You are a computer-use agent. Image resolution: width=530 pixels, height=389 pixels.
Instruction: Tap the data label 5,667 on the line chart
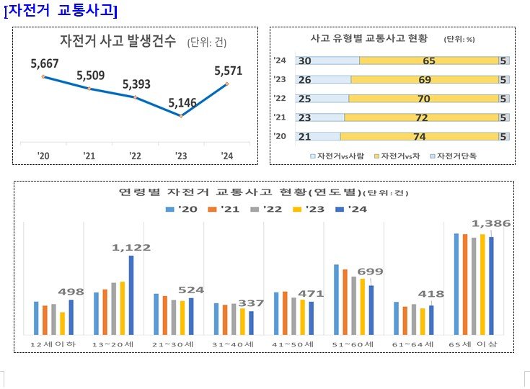45,64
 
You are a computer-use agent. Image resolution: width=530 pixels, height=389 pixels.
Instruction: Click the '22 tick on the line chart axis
135,155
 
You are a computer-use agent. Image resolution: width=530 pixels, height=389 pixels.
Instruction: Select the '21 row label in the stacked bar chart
281,117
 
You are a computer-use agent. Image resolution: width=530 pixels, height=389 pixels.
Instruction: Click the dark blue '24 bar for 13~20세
131,295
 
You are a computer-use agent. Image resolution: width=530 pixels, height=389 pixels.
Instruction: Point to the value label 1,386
491,224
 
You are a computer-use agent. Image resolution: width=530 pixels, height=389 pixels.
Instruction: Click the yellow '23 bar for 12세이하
63,323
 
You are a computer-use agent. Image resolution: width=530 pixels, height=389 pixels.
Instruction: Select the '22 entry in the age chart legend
267,209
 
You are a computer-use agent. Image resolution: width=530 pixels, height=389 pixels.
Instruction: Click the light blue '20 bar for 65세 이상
456,284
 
